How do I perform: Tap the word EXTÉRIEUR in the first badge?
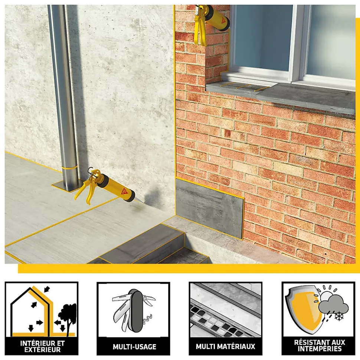pyautogui.click(x=43, y=350)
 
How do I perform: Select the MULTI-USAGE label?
pyautogui.click(x=134, y=346)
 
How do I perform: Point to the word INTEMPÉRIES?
pyautogui.click(x=320, y=349)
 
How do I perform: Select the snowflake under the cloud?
pyautogui.click(x=338, y=316)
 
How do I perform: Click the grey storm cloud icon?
pyautogui.click(x=333, y=303)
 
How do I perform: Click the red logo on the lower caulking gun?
pyautogui.click(x=124, y=191)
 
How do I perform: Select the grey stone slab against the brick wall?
pyautogui.click(x=209, y=208)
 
